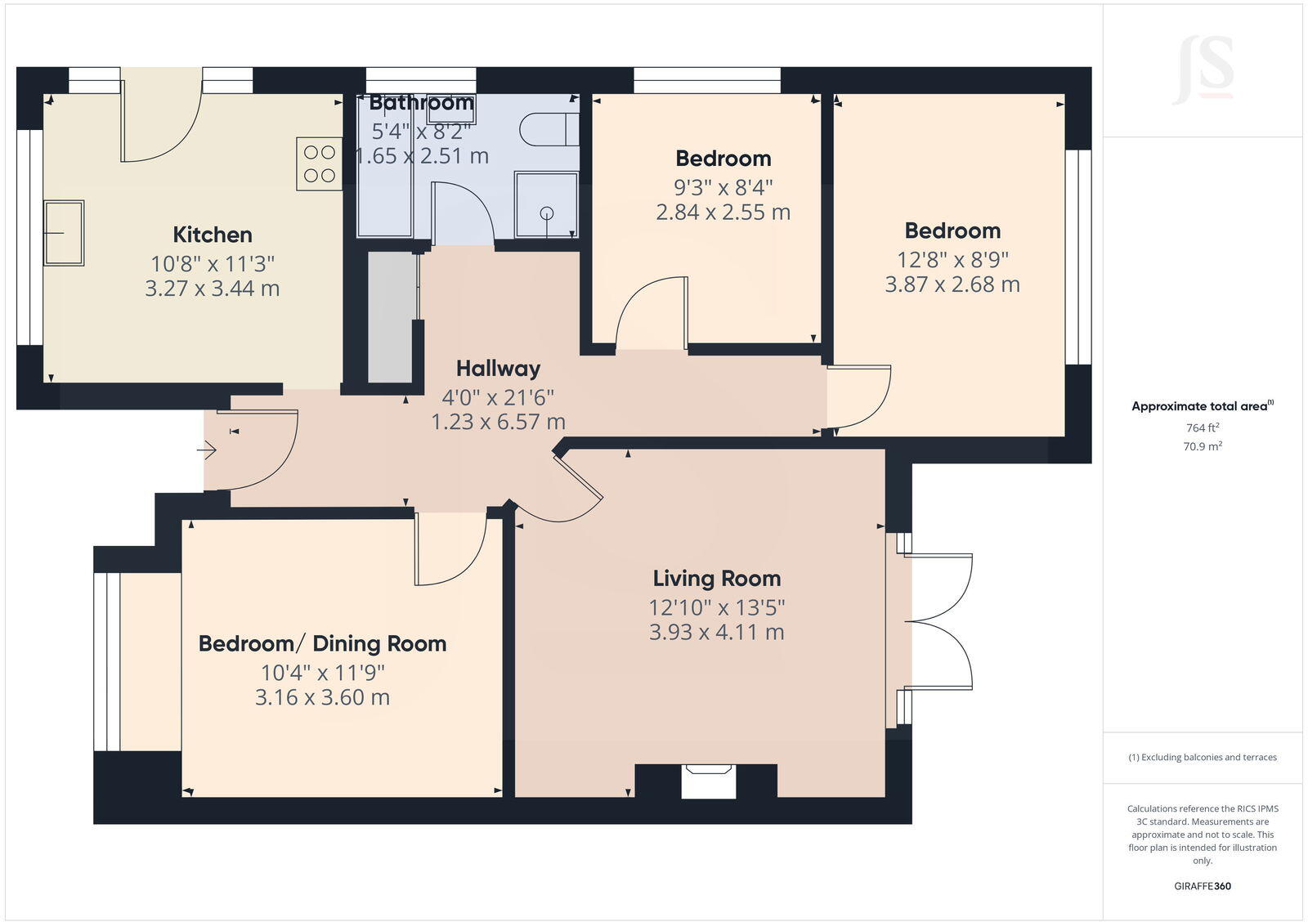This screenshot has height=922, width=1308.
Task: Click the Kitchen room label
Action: (x=213, y=235)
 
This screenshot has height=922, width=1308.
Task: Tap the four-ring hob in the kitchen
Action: (x=319, y=163)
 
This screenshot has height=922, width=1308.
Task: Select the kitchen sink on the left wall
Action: (x=64, y=233)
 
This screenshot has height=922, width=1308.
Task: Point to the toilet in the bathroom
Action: (x=549, y=129)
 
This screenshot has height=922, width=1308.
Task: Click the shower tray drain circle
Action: (x=547, y=213)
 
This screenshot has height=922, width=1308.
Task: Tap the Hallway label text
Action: (x=498, y=369)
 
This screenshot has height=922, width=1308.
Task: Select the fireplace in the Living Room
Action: (x=708, y=781)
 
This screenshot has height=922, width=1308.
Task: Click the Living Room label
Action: (x=716, y=579)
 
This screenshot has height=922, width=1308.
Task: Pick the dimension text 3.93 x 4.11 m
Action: (x=716, y=633)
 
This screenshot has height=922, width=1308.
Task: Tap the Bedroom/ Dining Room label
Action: (x=322, y=644)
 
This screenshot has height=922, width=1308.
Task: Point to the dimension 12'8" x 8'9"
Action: (x=952, y=260)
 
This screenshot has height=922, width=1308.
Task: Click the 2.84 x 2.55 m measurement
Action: (x=723, y=213)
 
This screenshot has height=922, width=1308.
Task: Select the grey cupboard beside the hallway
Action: (x=390, y=317)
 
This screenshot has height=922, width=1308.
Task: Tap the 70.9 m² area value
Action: (x=1202, y=446)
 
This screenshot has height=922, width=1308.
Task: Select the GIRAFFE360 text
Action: (x=1202, y=886)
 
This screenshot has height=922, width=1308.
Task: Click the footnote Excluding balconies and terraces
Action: (x=1203, y=758)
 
